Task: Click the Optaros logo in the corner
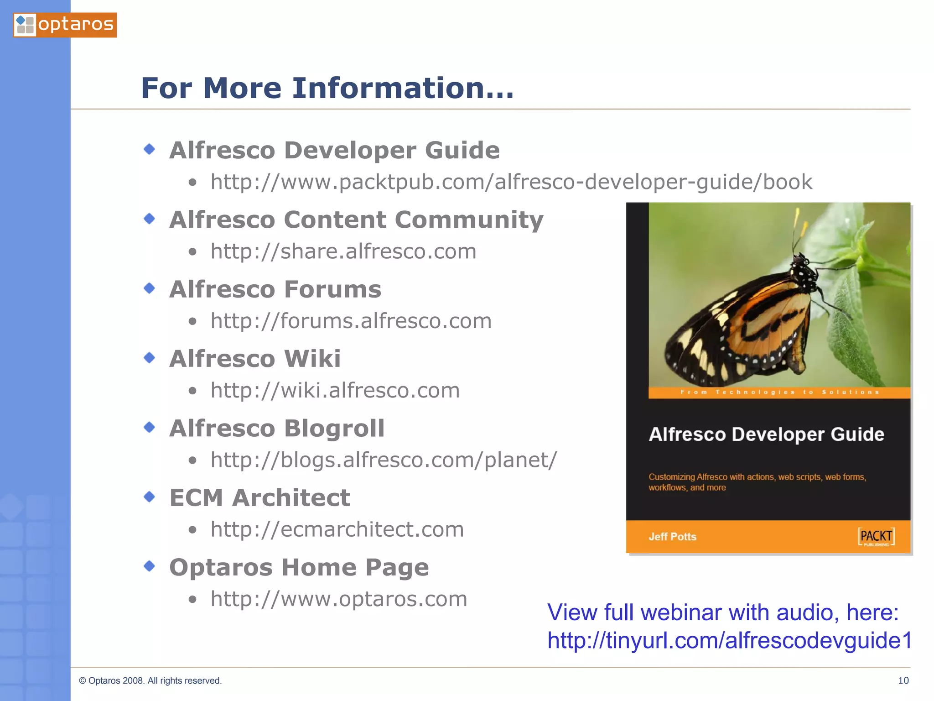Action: point(65,25)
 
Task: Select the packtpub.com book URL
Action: point(511,182)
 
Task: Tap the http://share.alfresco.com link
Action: point(343,251)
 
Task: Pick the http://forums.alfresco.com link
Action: point(351,321)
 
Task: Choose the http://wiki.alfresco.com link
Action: point(335,391)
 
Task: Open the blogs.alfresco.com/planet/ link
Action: point(383,460)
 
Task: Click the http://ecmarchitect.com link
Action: point(337,529)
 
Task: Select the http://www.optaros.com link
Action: point(339,599)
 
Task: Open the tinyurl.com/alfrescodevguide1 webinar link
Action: point(729,640)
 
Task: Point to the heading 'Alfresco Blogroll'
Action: point(277,429)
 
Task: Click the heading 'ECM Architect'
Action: point(259,498)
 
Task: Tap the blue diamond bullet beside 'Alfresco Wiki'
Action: point(149,357)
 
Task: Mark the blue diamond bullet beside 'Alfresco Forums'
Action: point(149,288)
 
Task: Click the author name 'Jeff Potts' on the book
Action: point(672,537)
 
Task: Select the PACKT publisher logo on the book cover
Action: point(876,537)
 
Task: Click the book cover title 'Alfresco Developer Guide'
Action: point(766,434)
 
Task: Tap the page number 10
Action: point(903,680)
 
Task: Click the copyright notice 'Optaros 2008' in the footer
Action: point(150,680)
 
